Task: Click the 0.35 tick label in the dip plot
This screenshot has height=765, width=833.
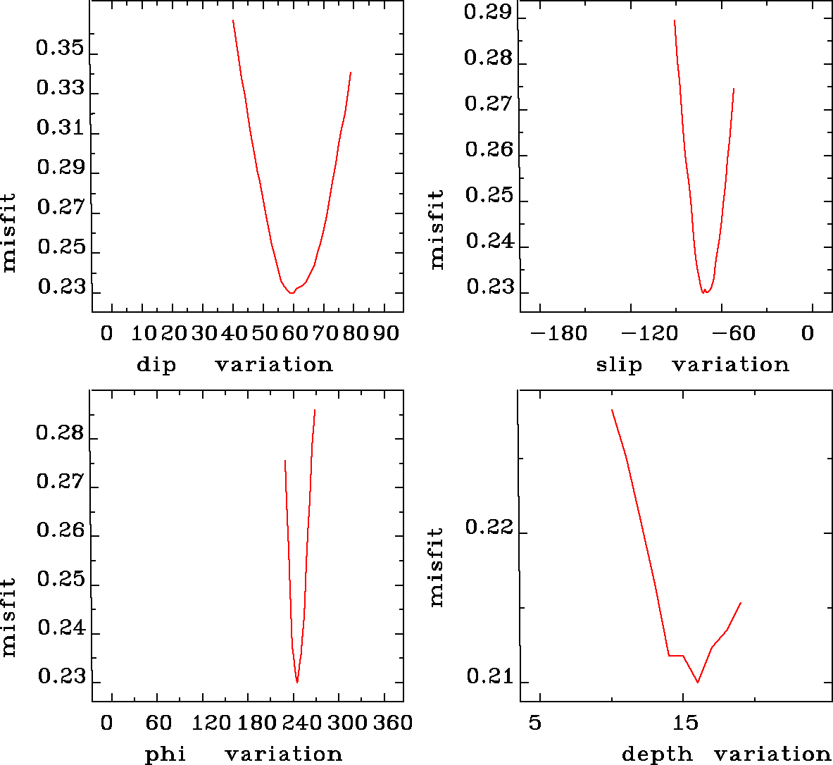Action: [x=60, y=49]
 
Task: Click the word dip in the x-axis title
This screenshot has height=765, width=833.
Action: [x=156, y=365]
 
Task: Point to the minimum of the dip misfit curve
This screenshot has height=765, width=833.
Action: [x=292, y=293]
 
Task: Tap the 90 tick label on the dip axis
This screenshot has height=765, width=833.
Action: [x=386, y=333]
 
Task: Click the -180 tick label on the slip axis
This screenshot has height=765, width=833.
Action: [x=558, y=333]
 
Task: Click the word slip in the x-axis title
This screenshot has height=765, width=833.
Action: [x=619, y=365]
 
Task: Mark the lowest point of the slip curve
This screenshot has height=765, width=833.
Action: [x=703, y=292]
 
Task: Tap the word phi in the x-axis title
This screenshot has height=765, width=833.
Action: [x=165, y=754]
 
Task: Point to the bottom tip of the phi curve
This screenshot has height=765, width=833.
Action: [x=297, y=682]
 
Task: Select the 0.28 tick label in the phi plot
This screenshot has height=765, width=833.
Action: [x=60, y=433]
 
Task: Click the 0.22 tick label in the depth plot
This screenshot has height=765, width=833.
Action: [x=489, y=528]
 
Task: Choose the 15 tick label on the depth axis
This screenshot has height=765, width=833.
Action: [x=684, y=723]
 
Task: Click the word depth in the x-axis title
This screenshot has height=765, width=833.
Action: [x=657, y=754]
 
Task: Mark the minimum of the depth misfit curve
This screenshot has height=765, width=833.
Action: [x=697, y=682]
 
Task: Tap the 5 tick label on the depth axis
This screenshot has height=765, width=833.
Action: [x=535, y=723]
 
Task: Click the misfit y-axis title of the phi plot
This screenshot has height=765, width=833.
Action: [x=8, y=617]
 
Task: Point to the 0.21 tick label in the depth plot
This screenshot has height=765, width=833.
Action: [x=489, y=678]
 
